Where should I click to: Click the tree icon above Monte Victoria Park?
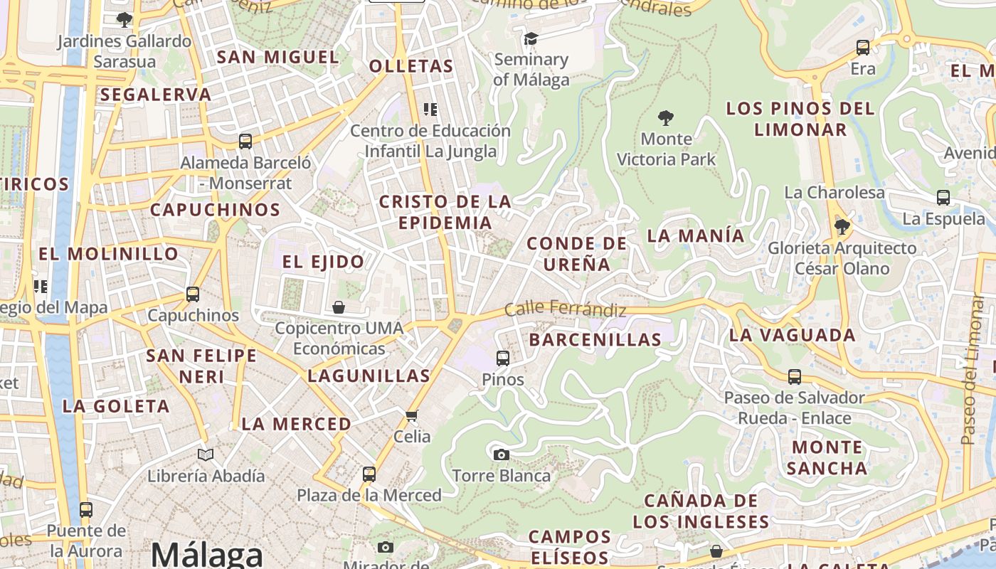pyautogui.click(x=666, y=117)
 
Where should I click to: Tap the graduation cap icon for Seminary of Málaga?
pyautogui.click(x=531, y=38)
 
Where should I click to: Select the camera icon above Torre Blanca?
pyautogui.click(x=502, y=454)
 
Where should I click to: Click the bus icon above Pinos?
pyautogui.click(x=503, y=358)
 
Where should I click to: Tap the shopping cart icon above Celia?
pyautogui.click(x=411, y=415)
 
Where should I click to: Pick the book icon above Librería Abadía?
pyautogui.click(x=206, y=454)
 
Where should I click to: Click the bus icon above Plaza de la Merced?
pyautogui.click(x=369, y=474)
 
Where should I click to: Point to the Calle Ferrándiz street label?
pyautogui.click(x=566, y=310)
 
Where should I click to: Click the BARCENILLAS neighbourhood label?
pyautogui.click(x=595, y=340)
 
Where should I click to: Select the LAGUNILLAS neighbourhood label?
pyautogui.click(x=369, y=376)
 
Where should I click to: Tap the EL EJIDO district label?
pyautogui.click(x=323, y=262)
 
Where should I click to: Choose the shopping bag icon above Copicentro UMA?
pyautogui.click(x=339, y=307)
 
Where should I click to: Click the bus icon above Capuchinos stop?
pyautogui.click(x=193, y=294)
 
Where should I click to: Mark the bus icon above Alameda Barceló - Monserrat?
pyautogui.click(x=245, y=141)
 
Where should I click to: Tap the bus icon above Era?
pyautogui.click(x=863, y=48)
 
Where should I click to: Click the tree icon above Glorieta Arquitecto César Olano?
pyautogui.click(x=842, y=227)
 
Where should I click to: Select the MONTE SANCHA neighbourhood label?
pyautogui.click(x=827, y=457)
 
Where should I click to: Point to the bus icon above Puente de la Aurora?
pyautogui.click(x=86, y=509)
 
